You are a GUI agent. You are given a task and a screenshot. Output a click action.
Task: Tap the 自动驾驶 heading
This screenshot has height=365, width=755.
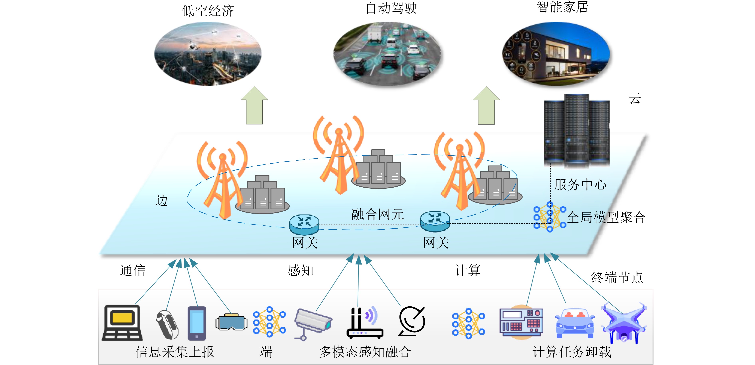coord(391,8)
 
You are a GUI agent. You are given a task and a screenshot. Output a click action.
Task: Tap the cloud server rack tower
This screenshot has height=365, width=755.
coord(576,131)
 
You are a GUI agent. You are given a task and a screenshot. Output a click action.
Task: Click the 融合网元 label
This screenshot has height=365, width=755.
coord(377,214)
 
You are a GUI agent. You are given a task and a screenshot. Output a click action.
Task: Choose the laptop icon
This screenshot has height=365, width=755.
coord(122,323)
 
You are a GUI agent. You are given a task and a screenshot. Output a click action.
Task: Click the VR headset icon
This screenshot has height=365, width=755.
coord(231,322)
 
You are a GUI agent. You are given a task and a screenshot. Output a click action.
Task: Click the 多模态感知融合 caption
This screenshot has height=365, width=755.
coord(365,352)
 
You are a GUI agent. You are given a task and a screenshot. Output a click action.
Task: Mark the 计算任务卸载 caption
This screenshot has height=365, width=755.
coord(571,352)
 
